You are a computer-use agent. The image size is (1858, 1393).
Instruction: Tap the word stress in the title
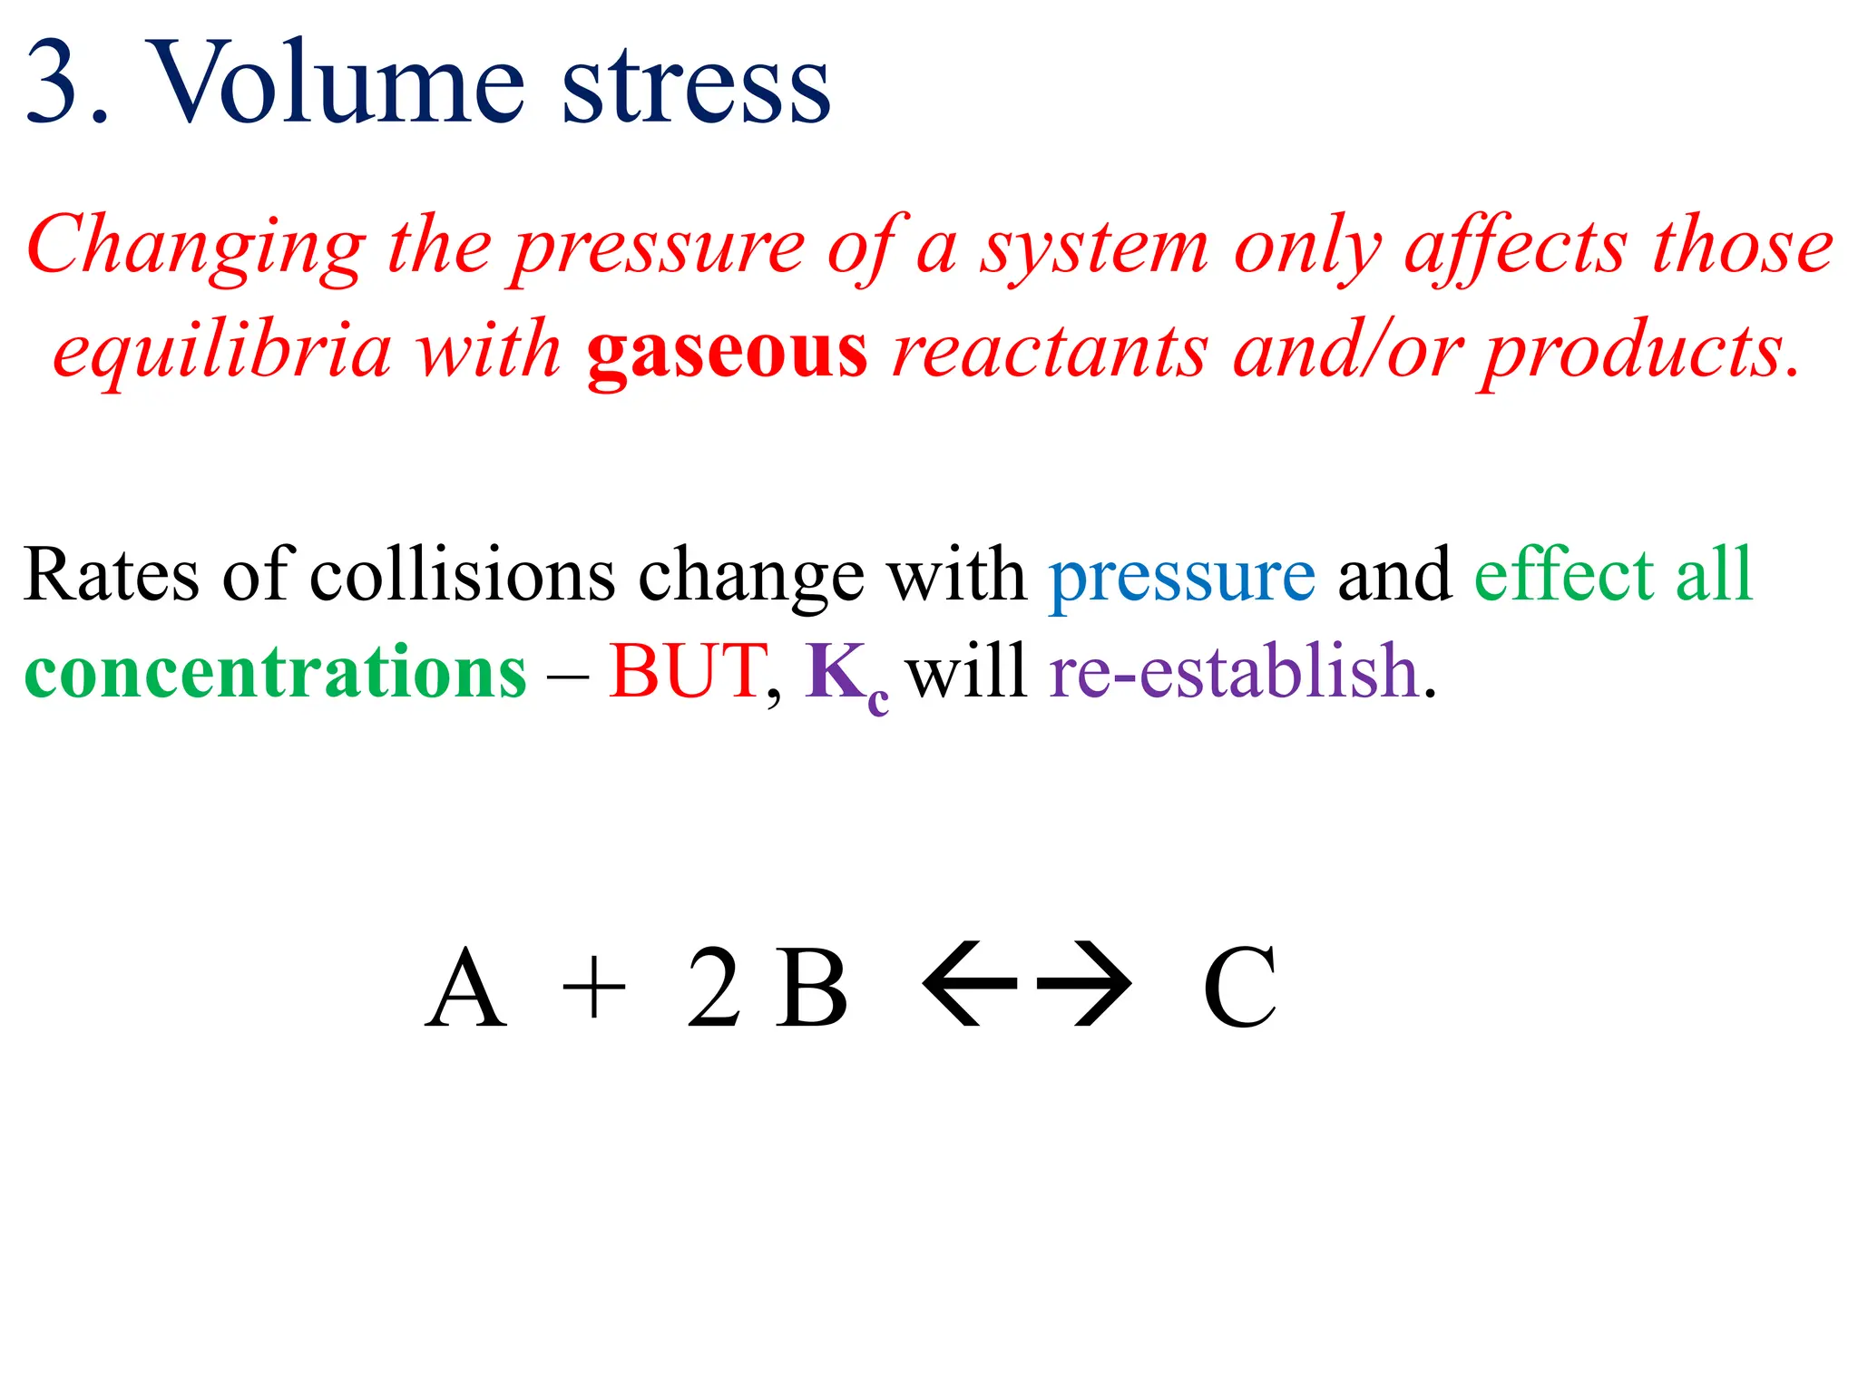(x=696, y=86)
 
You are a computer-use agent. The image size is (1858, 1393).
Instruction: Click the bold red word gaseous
(x=727, y=352)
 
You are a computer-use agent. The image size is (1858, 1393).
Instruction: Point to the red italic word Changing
(x=196, y=248)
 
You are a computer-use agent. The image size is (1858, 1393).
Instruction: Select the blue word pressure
(x=1181, y=577)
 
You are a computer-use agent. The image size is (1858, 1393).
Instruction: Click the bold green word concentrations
(x=275, y=672)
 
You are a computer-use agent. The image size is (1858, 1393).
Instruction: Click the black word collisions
(x=462, y=575)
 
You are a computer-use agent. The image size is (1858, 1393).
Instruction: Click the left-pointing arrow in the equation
(x=969, y=984)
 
